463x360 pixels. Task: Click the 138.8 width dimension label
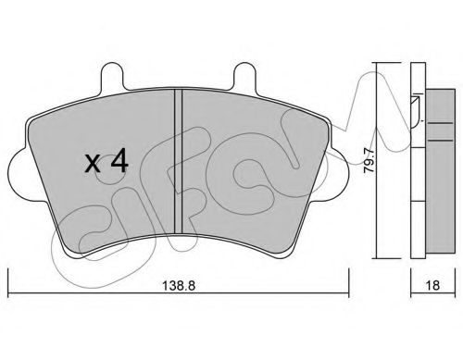pos(179,286)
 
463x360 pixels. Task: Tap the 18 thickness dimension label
pos(432,286)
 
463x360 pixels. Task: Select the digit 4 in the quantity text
pos(119,160)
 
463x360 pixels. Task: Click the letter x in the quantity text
pos(93,164)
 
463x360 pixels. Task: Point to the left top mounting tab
pos(112,76)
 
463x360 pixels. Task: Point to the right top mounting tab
pos(244,76)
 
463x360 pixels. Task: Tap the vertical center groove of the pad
pos(179,161)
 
